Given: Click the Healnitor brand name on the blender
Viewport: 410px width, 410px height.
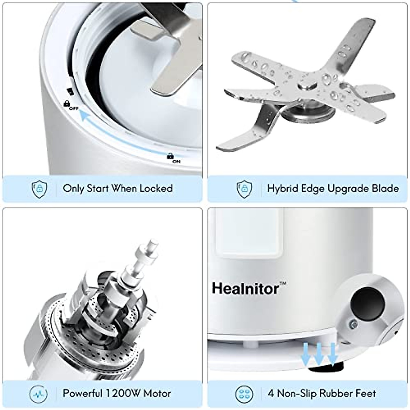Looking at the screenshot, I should (x=245, y=289).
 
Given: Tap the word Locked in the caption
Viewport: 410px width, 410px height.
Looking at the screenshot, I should (x=156, y=188).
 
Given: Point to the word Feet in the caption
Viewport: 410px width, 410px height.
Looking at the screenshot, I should (x=365, y=393).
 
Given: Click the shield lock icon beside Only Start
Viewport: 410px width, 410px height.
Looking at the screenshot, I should (x=39, y=189).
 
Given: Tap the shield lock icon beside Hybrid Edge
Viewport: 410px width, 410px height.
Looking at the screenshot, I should (x=244, y=189).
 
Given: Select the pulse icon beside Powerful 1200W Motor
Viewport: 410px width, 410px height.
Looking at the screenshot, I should (x=39, y=394).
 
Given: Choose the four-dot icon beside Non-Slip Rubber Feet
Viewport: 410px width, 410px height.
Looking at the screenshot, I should (x=244, y=394).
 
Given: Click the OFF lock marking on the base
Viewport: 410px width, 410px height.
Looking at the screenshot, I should (x=70, y=105).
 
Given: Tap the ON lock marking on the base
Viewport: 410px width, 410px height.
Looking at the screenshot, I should (x=173, y=158).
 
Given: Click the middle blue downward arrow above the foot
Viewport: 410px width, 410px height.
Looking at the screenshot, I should (x=318, y=354).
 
